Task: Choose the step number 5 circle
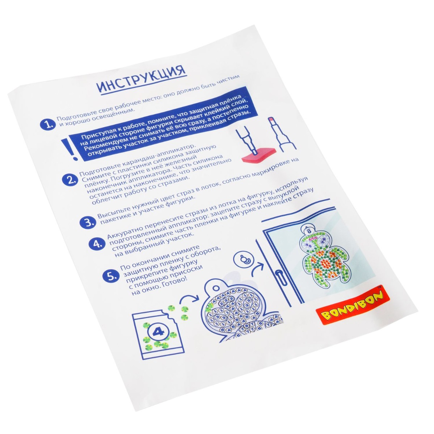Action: coord(110,276)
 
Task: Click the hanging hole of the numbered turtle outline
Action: coord(215,288)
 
